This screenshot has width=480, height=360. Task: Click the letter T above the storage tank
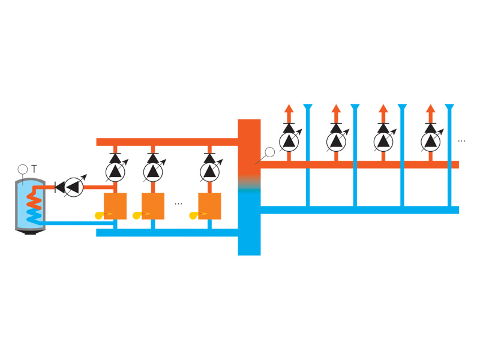[x=34, y=170]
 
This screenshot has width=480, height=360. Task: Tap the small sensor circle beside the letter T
[x=23, y=170]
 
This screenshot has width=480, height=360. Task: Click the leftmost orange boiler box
[x=115, y=206]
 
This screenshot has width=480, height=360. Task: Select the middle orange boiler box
[x=153, y=206]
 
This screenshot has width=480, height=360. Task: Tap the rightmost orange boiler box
[x=209, y=206]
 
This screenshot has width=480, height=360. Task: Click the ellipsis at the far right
[x=461, y=141]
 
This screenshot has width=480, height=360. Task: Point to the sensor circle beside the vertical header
[x=269, y=152]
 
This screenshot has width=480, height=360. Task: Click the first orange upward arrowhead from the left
[x=289, y=109]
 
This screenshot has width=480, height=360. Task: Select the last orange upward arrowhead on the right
[x=430, y=109]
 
